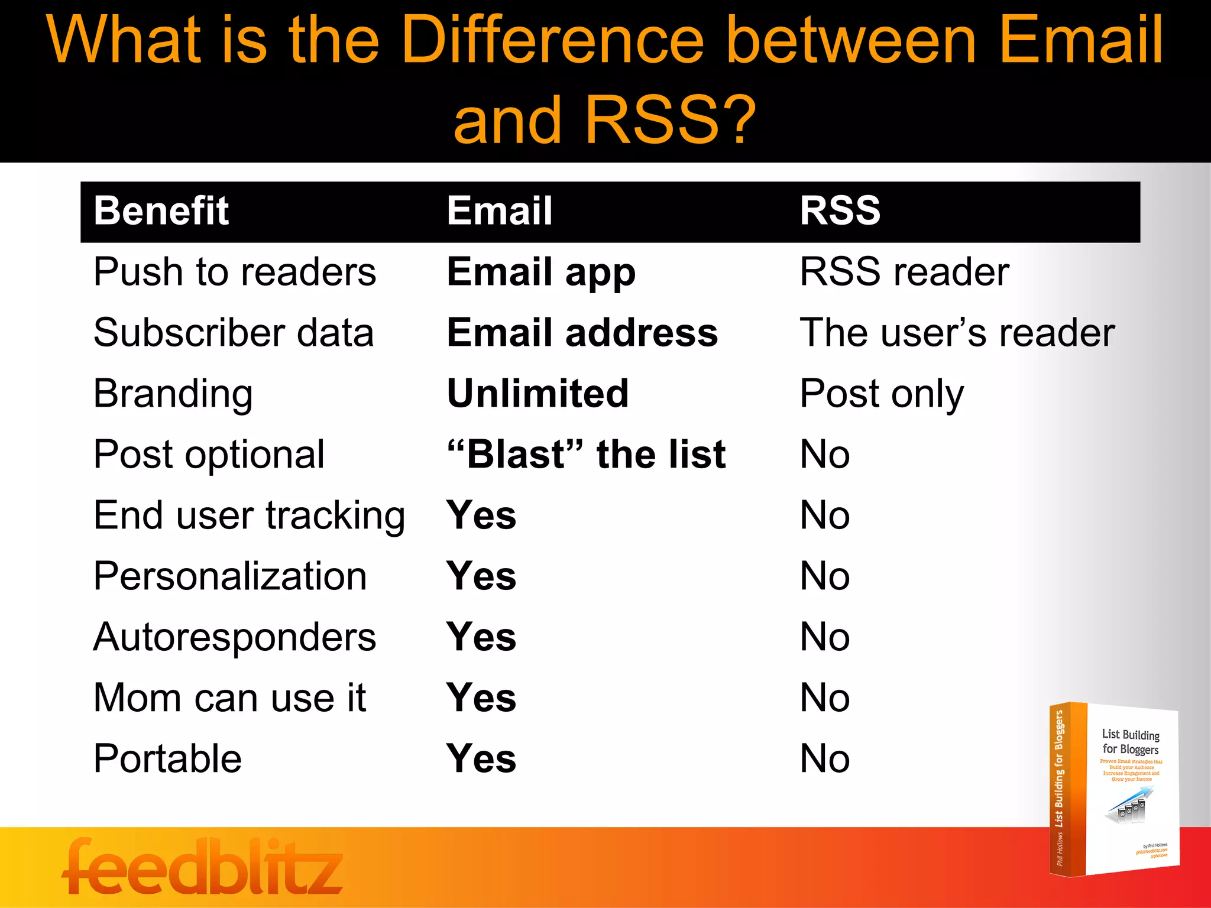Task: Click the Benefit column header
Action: pos(161,211)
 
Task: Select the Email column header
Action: pos(500,211)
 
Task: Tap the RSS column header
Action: pos(840,211)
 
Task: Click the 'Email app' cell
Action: pos(541,273)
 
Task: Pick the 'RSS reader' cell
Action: pos(904,273)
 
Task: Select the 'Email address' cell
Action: pos(582,333)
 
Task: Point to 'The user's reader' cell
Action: pos(957,333)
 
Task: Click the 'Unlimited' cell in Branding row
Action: pos(537,394)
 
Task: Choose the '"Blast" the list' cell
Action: pos(586,455)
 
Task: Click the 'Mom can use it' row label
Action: pos(229,698)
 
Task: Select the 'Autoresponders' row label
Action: pos(234,637)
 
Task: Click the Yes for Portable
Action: pos(481,759)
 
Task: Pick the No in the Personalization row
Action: pos(824,576)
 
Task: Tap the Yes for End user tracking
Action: pos(481,515)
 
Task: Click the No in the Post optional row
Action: pos(824,455)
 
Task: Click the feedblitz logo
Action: pos(202,867)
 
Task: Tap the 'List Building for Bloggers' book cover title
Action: pos(1130,742)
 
